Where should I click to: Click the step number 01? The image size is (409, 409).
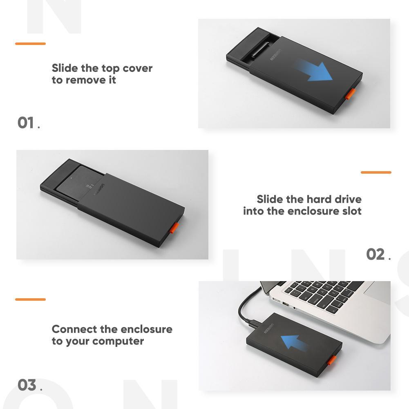[26, 123]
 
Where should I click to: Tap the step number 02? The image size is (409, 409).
[375, 254]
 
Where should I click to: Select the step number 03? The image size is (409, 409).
[27, 385]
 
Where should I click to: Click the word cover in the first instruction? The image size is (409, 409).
[137, 68]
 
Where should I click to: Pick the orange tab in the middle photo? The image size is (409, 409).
[174, 228]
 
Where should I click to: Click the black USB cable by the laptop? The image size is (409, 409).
[241, 310]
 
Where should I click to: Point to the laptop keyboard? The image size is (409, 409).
[323, 294]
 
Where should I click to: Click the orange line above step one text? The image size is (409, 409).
[30, 43]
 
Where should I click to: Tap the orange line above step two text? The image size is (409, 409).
[376, 172]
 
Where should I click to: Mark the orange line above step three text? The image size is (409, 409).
[30, 299]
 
